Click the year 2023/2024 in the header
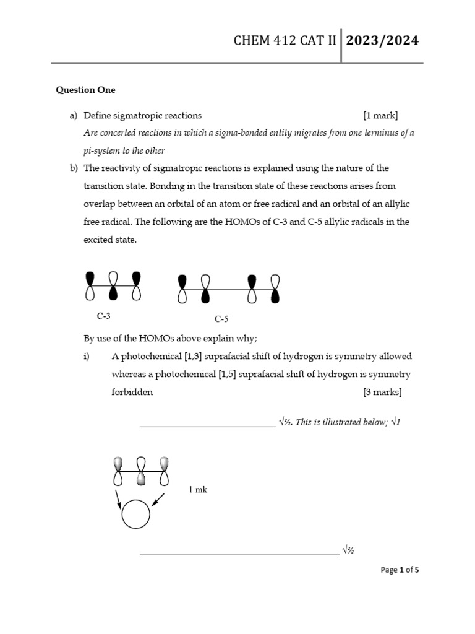[382, 41]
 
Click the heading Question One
[85, 90]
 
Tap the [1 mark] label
[380, 115]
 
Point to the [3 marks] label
[382, 392]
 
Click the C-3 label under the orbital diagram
[104, 316]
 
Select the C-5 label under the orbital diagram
[222, 319]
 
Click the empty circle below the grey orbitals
[136, 515]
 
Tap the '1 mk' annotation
[198, 490]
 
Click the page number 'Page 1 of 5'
[400, 570]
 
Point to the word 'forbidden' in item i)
[132, 392]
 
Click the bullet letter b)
[74, 168]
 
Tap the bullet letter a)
[74, 115]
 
